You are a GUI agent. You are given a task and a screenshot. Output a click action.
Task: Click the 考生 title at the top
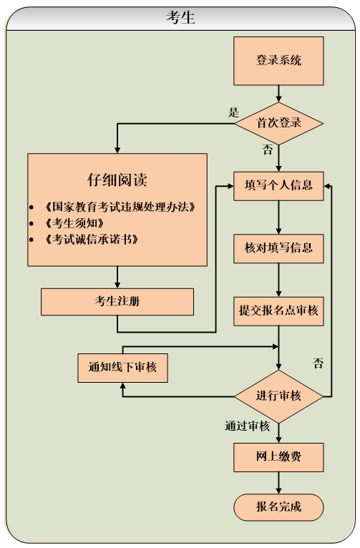180,18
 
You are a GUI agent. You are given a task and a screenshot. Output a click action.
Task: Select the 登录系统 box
279,60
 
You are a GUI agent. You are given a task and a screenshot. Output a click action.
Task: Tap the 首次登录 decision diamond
279,123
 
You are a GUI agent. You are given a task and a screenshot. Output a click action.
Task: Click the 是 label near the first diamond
233,112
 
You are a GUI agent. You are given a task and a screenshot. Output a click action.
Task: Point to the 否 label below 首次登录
267,149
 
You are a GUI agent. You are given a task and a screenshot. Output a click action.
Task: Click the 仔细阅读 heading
117,180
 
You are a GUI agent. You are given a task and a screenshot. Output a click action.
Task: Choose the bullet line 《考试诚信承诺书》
90,238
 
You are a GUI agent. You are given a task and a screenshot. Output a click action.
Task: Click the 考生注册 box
117,301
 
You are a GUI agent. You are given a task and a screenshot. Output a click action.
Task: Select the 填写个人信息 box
279,186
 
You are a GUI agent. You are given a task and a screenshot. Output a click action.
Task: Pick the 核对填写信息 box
279,249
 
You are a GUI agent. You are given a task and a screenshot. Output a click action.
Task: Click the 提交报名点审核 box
279,311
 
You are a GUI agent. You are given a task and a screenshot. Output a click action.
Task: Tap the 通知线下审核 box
123,368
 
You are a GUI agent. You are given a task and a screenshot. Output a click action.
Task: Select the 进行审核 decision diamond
279,396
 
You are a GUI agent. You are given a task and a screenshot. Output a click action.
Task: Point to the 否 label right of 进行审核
318,363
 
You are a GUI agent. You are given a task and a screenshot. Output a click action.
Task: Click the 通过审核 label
248,426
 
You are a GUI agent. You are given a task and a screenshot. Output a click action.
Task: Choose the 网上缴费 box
279,456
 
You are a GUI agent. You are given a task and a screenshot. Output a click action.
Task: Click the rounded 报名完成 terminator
279,508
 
